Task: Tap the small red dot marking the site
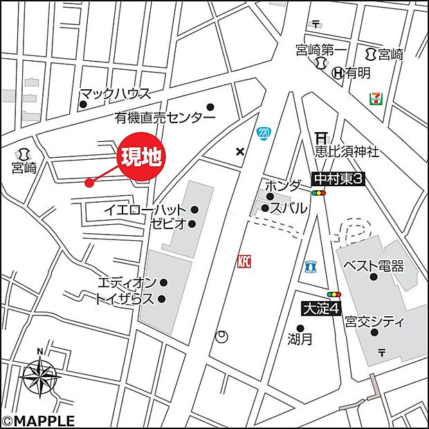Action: (x=89, y=183)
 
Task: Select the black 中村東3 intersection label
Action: (x=338, y=179)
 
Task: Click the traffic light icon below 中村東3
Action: (x=318, y=194)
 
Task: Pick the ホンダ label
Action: (x=283, y=185)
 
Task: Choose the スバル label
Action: (x=284, y=207)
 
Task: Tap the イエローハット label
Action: (x=145, y=209)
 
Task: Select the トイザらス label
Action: (x=125, y=299)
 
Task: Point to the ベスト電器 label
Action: (x=374, y=266)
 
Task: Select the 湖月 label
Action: (x=300, y=340)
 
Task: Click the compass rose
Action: (x=41, y=378)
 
